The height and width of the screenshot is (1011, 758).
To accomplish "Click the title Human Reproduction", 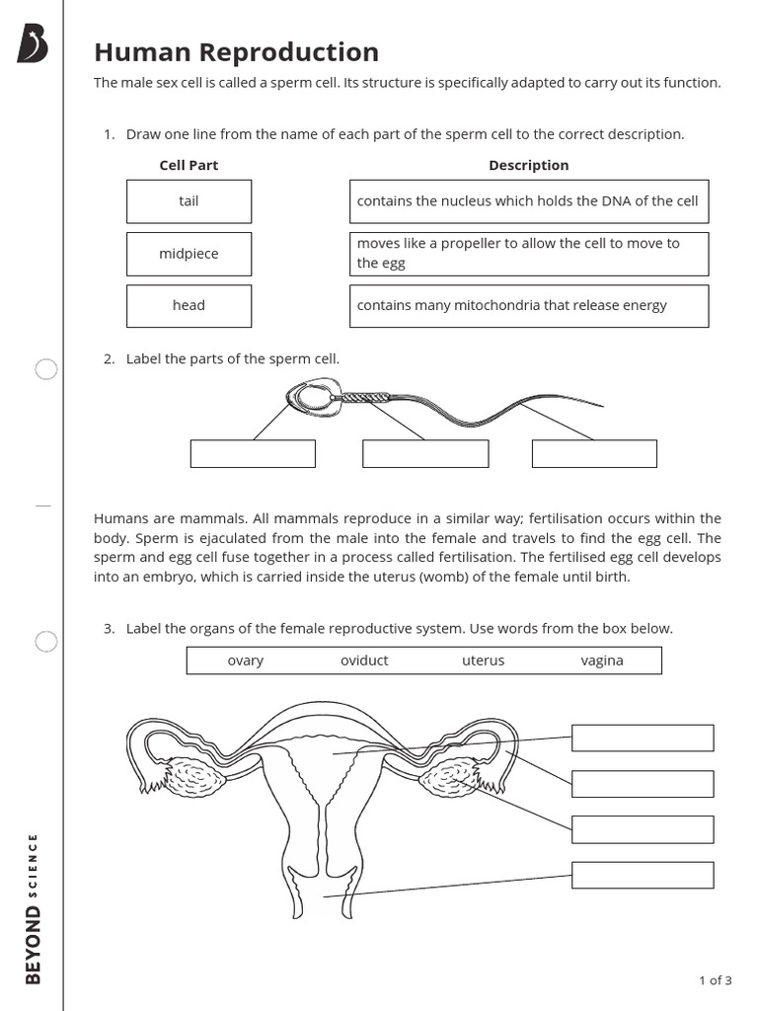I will point(236,52).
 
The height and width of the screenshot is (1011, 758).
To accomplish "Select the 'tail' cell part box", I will point(189,201).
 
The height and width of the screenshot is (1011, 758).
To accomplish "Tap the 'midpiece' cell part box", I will point(189,254).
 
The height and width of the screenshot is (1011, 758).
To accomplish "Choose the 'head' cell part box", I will point(189,306).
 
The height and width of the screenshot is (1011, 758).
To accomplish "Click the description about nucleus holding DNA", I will point(528,201).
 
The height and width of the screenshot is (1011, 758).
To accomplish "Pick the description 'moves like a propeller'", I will point(528,254).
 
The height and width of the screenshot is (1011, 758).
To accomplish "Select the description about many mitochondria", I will point(528,306).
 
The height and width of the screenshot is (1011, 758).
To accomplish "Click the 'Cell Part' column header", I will point(189,166).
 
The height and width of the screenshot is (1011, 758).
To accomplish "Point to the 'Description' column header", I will point(528,166).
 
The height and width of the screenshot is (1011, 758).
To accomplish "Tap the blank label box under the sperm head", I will point(253,453).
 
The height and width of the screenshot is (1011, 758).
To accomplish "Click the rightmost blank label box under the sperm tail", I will point(594,453).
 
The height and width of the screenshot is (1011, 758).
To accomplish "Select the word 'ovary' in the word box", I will point(245,661).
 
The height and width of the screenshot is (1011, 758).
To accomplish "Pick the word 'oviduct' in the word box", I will point(364,661).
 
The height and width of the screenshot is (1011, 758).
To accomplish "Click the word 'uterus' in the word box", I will point(483,661).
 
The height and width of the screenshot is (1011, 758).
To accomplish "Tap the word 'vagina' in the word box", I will point(601,661).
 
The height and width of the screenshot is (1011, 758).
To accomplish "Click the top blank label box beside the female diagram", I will point(642,739).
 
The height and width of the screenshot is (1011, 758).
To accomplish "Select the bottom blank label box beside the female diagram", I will point(642,875).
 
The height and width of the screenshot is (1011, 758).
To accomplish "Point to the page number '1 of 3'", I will point(715,980).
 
